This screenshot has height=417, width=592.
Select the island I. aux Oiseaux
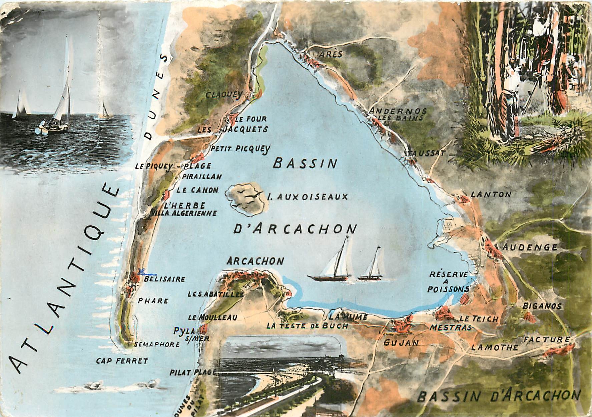[x=247, y=199]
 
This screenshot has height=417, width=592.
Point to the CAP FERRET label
[x=122, y=361]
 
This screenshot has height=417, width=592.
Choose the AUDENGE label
[x=530, y=247]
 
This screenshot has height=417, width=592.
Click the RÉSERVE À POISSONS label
[x=448, y=282]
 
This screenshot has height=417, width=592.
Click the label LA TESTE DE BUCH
[x=307, y=326]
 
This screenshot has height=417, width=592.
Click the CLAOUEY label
[x=223, y=95]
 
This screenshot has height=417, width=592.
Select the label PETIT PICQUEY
[x=241, y=149]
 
